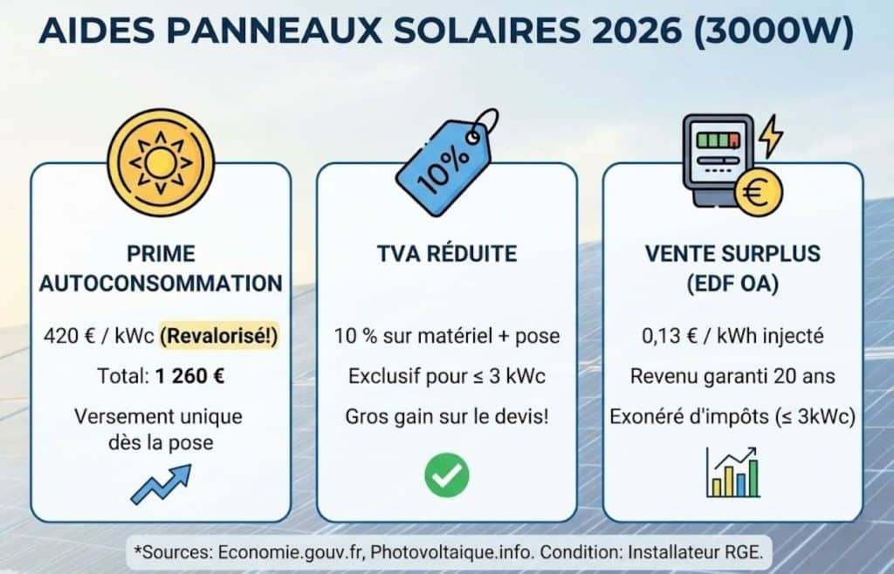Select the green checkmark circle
coord(446,474)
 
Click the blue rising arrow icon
coord(160,483)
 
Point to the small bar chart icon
coord(732,474)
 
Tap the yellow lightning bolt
coord(772,138)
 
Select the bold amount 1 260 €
coord(189,377)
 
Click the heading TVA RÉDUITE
coord(446,254)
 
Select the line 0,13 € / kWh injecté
coord(732,336)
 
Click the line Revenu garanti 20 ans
coord(732,377)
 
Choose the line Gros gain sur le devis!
coord(446,417)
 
